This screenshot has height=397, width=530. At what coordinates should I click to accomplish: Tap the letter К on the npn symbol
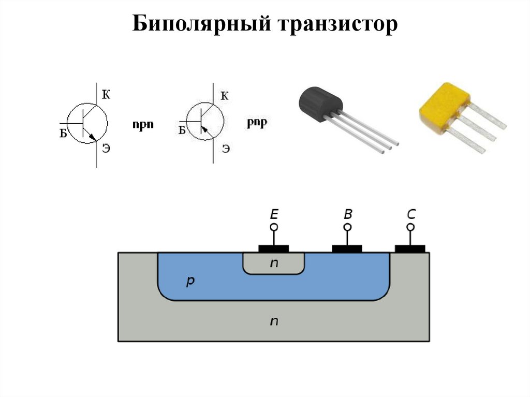(106, 94)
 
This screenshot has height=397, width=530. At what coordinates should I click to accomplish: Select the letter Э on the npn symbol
(106, 149)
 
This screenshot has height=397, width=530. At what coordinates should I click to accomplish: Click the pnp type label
(257, 123)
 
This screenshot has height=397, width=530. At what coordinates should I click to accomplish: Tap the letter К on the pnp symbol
(224, 95)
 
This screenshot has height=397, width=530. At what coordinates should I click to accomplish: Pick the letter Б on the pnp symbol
(182, 130)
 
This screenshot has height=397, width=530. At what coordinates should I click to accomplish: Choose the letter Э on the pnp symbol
(226, 149)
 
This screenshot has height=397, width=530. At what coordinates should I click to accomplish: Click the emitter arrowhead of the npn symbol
(92, 137)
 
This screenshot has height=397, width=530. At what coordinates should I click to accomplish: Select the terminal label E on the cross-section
(274, 214)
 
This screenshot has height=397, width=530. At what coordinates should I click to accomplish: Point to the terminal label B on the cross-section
(347, 214)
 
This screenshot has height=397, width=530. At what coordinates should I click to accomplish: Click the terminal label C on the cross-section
(410, 214)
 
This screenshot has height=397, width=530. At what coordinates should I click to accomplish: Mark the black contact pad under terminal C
(410, 249)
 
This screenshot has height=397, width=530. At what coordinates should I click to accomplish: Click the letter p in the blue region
(190, 281)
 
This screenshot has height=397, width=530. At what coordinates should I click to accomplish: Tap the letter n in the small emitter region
(274, 263)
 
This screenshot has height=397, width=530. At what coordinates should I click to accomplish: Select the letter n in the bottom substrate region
(274, 321)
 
